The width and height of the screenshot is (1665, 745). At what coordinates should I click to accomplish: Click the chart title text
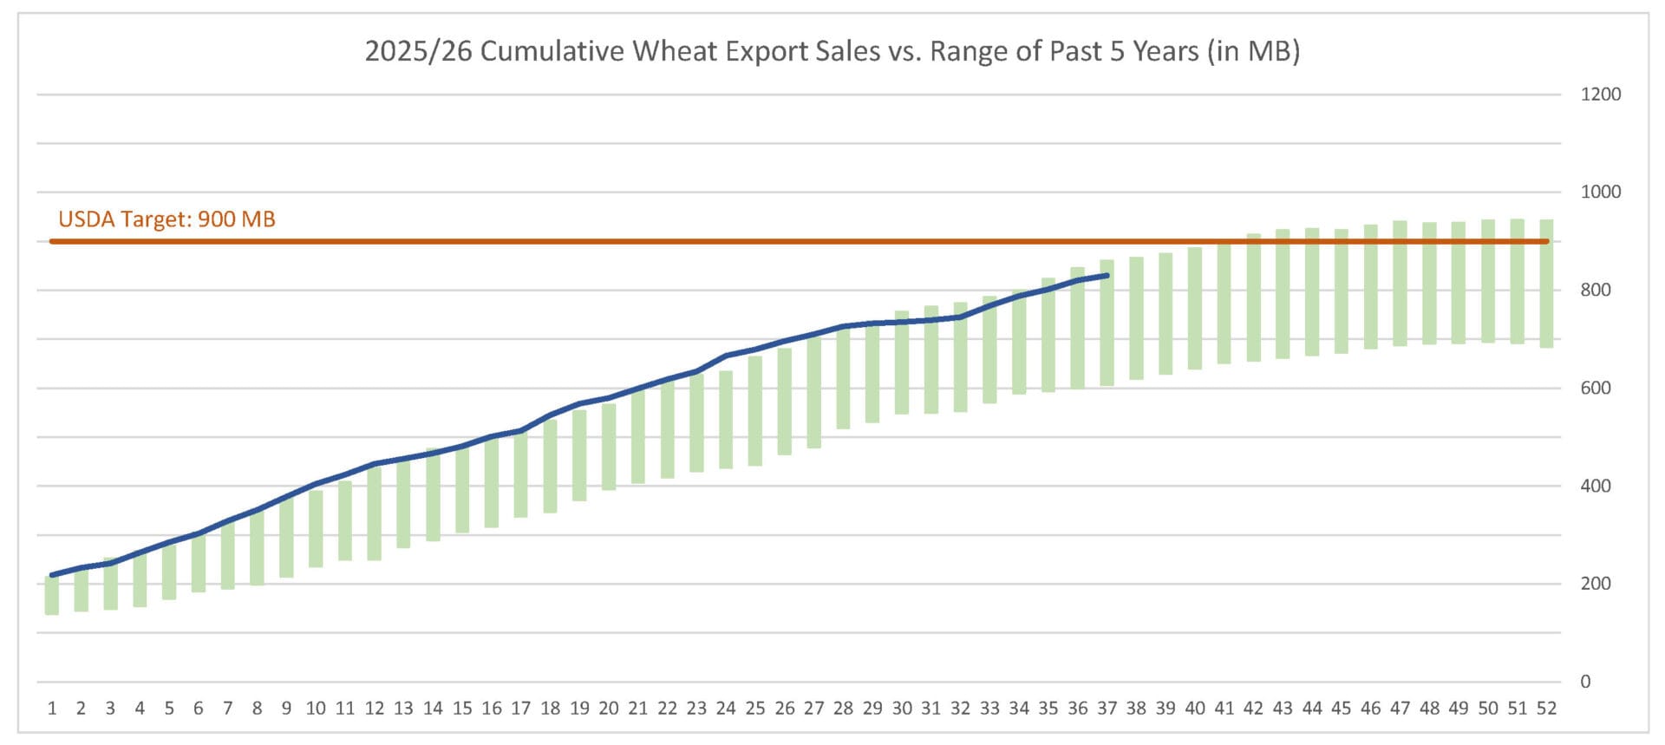coord(832,51)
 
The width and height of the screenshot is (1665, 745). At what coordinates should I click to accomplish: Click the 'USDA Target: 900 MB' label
coord(166,219)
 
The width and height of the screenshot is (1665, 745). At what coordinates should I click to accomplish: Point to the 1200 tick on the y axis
coord(1600,95)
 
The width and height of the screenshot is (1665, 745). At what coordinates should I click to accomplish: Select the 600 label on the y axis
coord(1596,388)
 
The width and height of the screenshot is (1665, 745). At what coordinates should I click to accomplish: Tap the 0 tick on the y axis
coord(1585,682)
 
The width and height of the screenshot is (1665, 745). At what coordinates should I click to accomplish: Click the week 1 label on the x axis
coord(52,709)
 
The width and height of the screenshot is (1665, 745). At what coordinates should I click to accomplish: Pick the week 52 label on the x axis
coord(1546,709)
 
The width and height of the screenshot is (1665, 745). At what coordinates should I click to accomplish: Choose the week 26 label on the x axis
coord(785,709)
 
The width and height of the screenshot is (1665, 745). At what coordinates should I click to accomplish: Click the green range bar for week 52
coord(1546,284)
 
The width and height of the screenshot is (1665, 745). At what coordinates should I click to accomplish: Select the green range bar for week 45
coord(1342,291)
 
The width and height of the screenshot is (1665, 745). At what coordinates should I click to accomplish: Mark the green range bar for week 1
coord(52,596)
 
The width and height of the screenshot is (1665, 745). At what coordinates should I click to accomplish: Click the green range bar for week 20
coord(609,447)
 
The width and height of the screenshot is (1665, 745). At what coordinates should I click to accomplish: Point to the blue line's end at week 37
coord(1107,276)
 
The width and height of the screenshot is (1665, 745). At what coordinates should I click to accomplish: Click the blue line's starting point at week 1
coord(52,575)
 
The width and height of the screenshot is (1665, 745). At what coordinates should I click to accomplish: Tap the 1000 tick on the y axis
coord(1600,192)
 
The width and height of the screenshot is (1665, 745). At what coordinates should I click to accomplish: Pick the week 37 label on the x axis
coord(1107,709)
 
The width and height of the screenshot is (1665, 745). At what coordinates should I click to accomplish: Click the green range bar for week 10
coord(316,529)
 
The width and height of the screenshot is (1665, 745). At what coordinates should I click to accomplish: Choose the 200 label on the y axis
coord(1596,584)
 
